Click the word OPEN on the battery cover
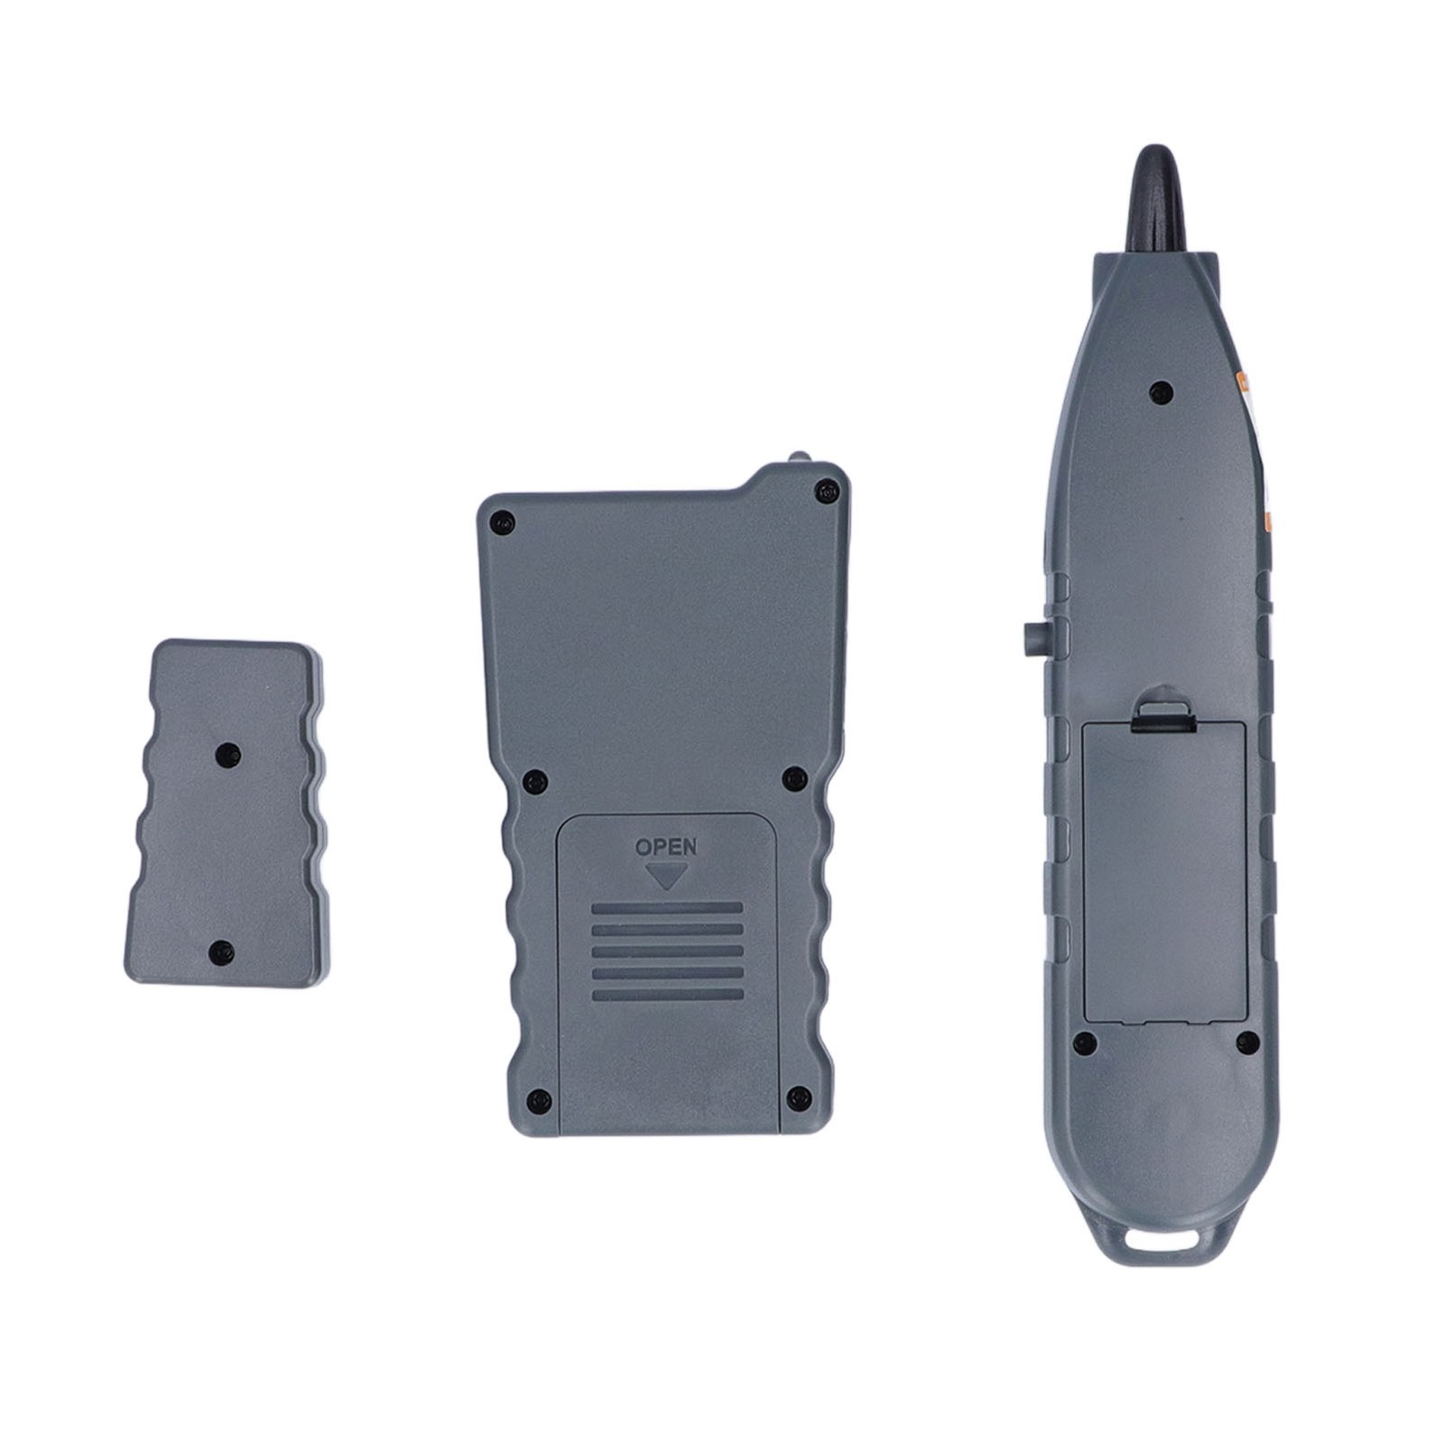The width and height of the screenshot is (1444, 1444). pyautogui.click(x=666, y=847)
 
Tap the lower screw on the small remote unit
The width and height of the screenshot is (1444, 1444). pyautogui.click(x=219, y=949)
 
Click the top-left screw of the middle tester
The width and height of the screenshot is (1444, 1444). pyautogui.click(x=502, y=521)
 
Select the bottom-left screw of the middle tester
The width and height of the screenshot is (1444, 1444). pyautogui.click(x=539, y=1099)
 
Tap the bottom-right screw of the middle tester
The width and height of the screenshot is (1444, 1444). pyautogui.click(x=798, y=1097)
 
